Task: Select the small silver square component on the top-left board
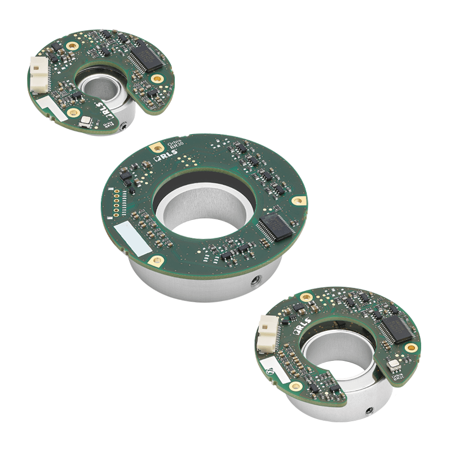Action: [x=85, y=121]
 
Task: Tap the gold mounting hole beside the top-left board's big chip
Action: [x=156, y=78]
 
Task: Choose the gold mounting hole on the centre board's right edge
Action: [x=299, y=200]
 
